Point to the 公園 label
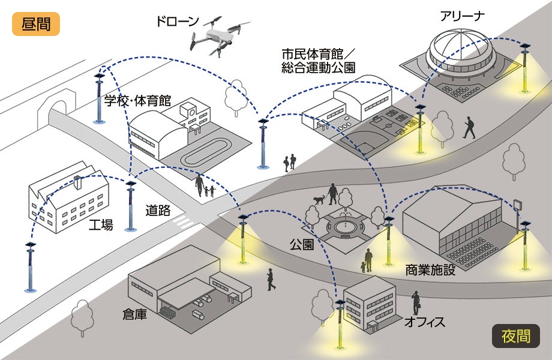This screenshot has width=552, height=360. coord(301,245)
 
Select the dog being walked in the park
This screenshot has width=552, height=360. coord(319,199)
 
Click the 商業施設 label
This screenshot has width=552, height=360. coord(430,269)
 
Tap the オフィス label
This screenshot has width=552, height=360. coord(424,323)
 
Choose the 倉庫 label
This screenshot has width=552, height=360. coord(134,314)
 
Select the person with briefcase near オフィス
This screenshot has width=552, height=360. coord(416,302)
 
